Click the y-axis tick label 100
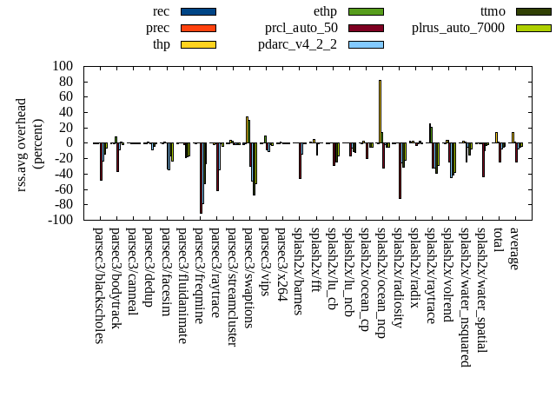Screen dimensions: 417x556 pyautogui.click(x=62, y=66)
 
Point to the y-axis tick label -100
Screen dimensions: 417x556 pyautogui.click(x=60, y=220)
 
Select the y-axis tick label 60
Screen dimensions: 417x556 pyautogui.click(x=65, y=96)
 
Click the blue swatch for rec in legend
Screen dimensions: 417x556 pyautogui.click(x=198, y=11)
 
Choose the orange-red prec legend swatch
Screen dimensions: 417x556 pyautogui.click(x=198, y=28)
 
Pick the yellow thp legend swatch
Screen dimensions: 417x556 pyautogui.click(x=198, y=44)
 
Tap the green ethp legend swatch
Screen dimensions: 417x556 pyautogui.click(x=366, y=11)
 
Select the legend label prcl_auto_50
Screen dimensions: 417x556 pyautogui.click(x=301, y=28)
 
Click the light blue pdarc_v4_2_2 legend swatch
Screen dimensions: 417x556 pyautogui.click(x=366, y=44)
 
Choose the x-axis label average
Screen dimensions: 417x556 pyautogui.click(x=514, y=249)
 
